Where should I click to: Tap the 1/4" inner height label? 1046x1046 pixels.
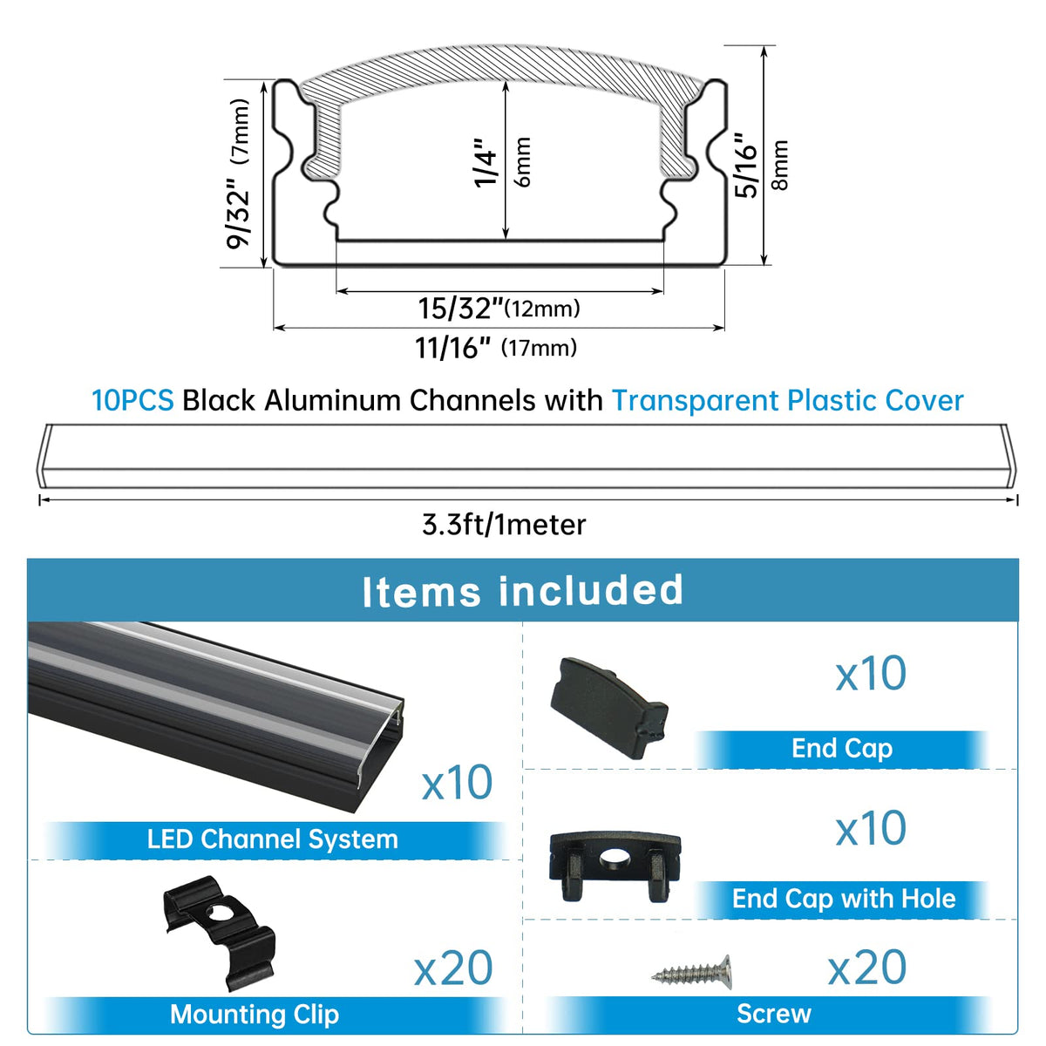(x=486, y=163)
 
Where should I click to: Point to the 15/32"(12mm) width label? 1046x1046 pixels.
(x=499, y=308)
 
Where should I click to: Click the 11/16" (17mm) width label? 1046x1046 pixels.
(x=496, y=348)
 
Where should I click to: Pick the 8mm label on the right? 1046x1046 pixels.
(x=779, y=165)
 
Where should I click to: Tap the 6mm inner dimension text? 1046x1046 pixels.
(x=522, y=162)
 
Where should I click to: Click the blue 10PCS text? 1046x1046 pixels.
(x=132, y=401)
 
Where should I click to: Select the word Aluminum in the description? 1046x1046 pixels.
(x=333, y=401)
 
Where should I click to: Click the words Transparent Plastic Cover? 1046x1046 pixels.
(x=788, y=401)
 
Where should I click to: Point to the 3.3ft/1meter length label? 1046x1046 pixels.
(x=504, y=525)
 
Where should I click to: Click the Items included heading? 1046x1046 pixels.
(x=522, y=591)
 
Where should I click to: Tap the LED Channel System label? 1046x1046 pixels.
(x=273, y=839)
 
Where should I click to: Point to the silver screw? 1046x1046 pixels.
(x=691, y=972)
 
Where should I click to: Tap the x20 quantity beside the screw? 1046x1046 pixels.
(x=866, y=968)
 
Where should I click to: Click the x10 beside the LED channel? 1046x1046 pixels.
(x=457, y=783)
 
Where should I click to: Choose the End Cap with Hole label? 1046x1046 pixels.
(x=844, y=899)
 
